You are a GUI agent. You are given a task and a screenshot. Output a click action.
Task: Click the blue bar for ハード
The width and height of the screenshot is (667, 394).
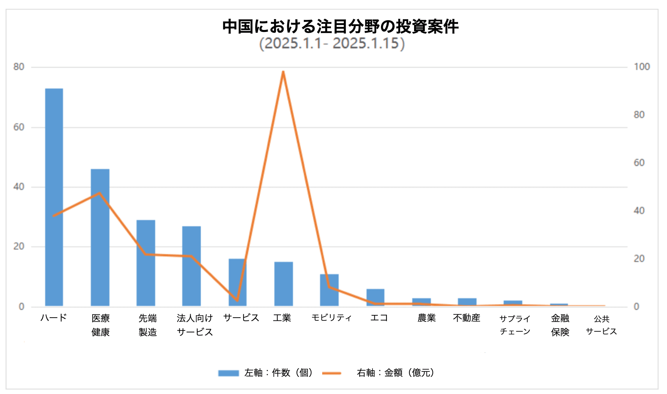pos(54,197)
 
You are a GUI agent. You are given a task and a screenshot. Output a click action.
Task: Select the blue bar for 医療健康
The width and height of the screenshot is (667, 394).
pos(100,237)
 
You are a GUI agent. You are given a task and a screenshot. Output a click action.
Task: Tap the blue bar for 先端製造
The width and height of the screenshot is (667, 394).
pos(146,263)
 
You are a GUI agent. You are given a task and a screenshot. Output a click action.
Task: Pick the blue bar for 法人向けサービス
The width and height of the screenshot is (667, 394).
pos(191,266)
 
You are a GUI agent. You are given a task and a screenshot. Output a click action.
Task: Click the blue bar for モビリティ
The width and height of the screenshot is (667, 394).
pos(329,290)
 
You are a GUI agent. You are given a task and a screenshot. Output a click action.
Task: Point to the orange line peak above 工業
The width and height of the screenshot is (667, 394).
pos(283,72)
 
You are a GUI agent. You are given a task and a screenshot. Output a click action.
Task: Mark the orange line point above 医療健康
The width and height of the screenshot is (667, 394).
pos(100,193)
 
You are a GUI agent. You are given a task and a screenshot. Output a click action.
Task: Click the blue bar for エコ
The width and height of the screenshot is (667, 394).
pos(375,297)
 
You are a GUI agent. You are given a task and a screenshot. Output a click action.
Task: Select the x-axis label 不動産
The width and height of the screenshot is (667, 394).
pos(466,318)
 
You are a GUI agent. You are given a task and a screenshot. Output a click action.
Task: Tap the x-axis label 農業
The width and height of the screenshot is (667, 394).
pos(427,318)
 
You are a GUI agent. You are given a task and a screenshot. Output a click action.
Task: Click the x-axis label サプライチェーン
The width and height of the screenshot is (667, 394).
pos(515,325)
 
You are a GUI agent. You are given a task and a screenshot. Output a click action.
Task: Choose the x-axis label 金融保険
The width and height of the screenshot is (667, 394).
pos(560,325)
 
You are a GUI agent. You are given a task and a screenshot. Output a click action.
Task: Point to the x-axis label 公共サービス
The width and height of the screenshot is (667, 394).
pos(601,325)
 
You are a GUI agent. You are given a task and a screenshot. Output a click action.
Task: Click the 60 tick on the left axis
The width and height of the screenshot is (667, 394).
pos(19,127)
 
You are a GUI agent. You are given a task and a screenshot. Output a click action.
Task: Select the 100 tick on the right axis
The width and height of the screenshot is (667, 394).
pos(642,67)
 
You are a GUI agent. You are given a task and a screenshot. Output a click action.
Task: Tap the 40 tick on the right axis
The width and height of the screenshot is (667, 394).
pos(639,211)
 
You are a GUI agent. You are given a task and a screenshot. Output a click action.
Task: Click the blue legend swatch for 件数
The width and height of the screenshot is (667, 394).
pos(228,373)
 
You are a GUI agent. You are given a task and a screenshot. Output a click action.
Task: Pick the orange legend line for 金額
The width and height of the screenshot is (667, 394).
pos(332,373)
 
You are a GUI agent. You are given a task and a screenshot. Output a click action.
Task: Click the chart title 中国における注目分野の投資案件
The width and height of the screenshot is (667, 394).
pos(341,26)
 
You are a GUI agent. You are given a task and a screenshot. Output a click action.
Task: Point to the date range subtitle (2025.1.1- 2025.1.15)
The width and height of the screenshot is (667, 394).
pos(332,43)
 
